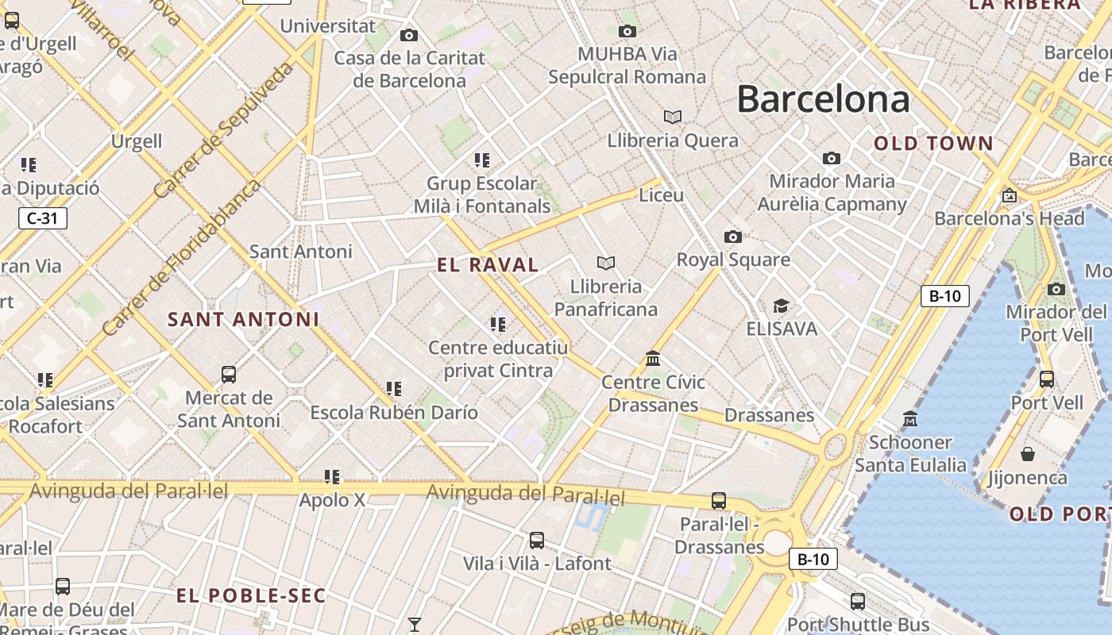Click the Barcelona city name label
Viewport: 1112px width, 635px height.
pyautogui.click(x=823, y=100)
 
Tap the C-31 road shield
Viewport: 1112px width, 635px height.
pyautogui.click(x=43, y=218)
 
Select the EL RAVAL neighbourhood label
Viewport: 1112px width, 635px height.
pyautogui.click(x=488, y=265)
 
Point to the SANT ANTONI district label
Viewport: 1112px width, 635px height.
pyautogui.click(x=243, y=320)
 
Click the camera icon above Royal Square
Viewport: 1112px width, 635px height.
pyautogui.click(x=733, y=237)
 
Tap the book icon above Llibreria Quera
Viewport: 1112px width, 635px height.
pyautogui.click(x=673, y=117)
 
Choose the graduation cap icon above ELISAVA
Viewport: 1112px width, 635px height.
pyautogui.click(x=782, y=306)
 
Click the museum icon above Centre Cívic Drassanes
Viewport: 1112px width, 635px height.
pyautogui.click(x=653, y=359)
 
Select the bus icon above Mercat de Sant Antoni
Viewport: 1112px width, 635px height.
pyautogui.click(x=229, y=374)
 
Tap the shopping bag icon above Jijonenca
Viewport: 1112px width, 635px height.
pyautogui.click(x=1028, y=454)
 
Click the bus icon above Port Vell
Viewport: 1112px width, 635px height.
pyautogui.click(x=1047, y=379)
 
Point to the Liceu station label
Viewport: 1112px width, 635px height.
pyautogui.click(x=661, y=194)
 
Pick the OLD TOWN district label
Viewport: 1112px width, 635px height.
pyautogui.click(x=933, y=144)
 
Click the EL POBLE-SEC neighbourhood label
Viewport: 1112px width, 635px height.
pyautogui.click(x=251, y=596)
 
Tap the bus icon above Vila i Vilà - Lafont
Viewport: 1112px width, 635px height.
pyautogui.click(x=537, y=541)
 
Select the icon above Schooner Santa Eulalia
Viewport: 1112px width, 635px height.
pyautogui.click(x=910, y=418)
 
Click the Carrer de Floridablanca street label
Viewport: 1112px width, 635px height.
pyautogui.click(x=181, y=256)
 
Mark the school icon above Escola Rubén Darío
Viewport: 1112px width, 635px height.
pyautogui.click(x=394, y=389)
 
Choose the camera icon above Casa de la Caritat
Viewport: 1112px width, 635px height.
pyautogui.click(x=409, y=35)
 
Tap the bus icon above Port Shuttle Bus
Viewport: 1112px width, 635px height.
pyautogui.click(x=858, y=602)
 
